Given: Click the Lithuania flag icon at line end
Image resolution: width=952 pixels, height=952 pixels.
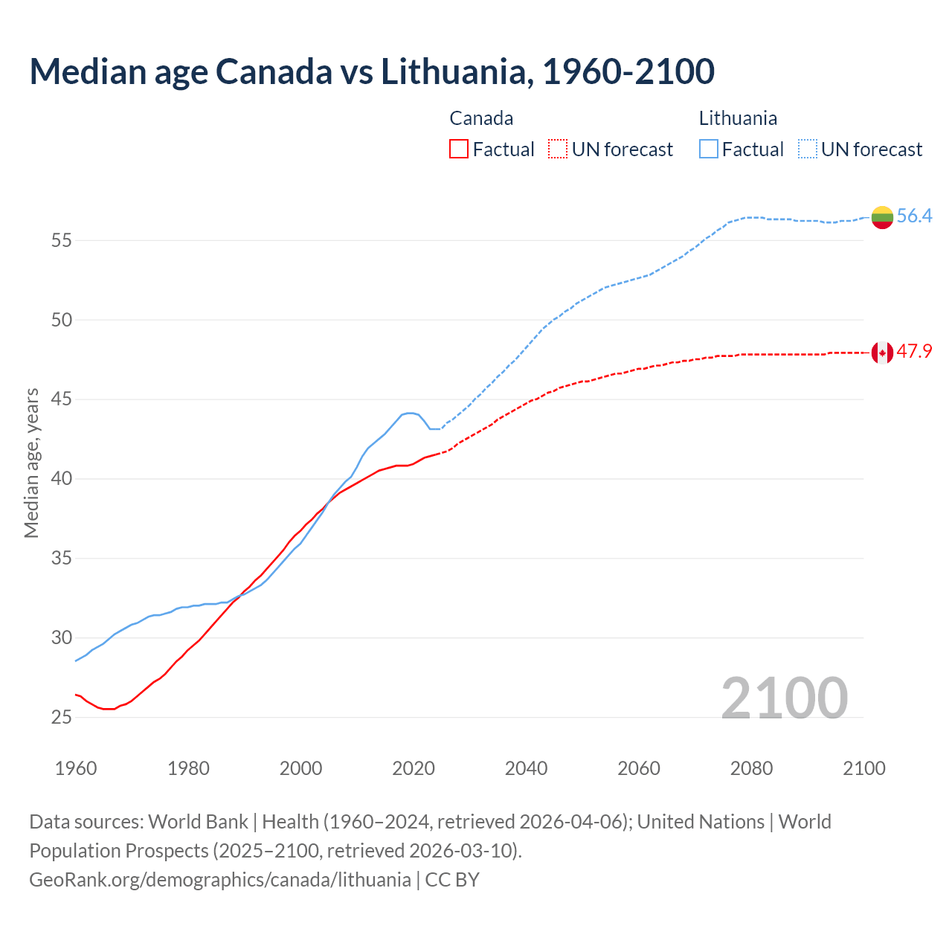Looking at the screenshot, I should pos(882,217).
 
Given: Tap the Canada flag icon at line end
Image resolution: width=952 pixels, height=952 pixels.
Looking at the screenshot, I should pos(882,353).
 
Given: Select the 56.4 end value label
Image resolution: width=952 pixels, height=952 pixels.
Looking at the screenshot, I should pos(914,216).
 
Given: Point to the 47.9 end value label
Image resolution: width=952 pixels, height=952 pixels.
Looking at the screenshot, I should pos(914,352).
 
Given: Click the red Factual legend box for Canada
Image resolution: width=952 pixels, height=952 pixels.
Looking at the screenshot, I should pos(459,149).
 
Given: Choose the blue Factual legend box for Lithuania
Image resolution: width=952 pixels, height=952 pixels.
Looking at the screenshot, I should pos(708,149).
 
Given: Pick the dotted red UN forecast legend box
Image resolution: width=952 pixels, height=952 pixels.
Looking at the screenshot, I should pos(558,149).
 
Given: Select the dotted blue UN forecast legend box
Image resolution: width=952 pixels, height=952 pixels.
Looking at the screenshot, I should pos(807,149).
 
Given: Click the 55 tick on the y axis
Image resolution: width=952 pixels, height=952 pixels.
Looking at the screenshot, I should pos(62,240).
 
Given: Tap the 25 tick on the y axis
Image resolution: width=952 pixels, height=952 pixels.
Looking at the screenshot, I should pos(62,718).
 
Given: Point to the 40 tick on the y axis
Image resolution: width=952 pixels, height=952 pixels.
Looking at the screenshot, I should pos(62,479).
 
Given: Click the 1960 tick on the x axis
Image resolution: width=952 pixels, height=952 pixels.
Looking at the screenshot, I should pos(76,768).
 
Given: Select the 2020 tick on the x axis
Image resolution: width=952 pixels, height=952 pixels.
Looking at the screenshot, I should pos(414,768).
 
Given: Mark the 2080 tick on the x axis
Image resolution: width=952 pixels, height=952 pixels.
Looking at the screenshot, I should pos(751,768).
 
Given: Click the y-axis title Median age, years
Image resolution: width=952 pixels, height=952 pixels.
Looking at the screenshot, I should pos(31,463).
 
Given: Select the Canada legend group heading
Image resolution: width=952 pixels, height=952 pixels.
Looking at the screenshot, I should pos(481,118).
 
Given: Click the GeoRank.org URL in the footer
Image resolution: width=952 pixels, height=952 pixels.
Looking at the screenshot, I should pos(219,880).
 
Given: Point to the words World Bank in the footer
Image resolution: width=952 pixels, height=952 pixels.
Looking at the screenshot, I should pos(198,822).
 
